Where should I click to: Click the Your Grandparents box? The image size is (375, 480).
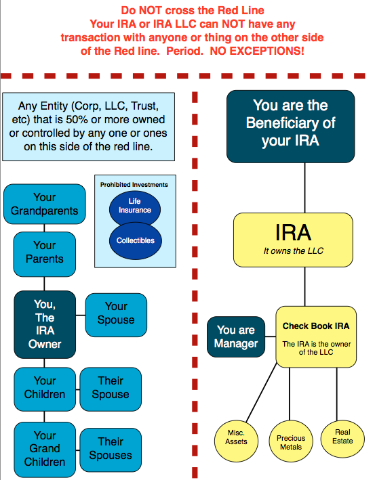coord(44,204)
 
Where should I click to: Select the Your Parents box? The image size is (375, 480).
coord(44,251)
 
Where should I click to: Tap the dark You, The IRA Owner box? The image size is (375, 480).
coord(44,324)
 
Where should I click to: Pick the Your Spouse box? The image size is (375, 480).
coord(116,313)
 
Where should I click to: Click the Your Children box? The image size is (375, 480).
coord(44,387)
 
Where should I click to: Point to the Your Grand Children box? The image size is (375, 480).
coord(44,448)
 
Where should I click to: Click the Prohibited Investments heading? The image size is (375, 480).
coord(134,184)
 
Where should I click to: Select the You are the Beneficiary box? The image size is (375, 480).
coord(290,124)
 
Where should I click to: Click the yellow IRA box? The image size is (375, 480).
coord(293,240)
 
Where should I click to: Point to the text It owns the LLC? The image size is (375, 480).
coord(293,252)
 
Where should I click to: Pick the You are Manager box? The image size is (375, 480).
coord(235,336)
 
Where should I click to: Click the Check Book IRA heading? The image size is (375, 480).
coord(316,326)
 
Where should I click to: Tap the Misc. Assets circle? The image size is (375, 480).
coord(236,437)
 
